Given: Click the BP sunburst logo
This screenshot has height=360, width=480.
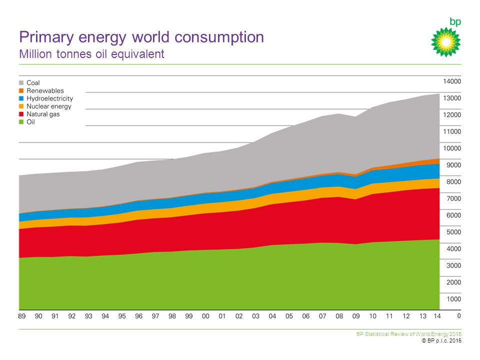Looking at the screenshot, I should click(x=445, y=41).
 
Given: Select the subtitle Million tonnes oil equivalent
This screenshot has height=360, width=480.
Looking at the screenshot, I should click(x=91, y=53).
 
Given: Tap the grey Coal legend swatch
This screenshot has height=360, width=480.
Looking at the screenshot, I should click(x=21, y=83).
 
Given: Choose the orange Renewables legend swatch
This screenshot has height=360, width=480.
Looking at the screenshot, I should click(x=21, y=91).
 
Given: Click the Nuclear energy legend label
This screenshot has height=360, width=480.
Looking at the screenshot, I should click(x=49, y=106).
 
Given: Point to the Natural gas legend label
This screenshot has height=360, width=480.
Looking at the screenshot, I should click(x=43, y=114).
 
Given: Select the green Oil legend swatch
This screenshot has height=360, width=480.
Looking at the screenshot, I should click(x=21, y=122).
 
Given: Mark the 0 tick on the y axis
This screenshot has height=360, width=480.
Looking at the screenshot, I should click(x=458, y=316).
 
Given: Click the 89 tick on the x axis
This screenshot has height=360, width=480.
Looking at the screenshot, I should click(x=22, y=316).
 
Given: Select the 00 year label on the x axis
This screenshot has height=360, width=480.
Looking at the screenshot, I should click(x=205, y=316).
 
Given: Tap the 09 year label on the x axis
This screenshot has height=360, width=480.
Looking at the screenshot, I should click(x=356, y=316).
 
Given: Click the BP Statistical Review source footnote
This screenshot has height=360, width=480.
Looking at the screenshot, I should click(x=408, y=334).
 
